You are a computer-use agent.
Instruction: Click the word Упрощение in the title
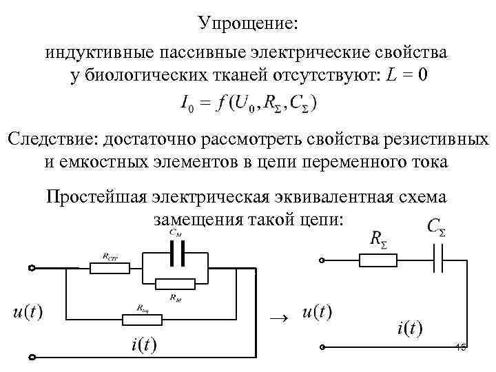pos(248,22)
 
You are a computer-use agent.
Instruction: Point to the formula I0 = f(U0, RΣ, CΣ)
pos(248,104)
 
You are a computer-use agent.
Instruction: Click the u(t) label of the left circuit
pos(28,312)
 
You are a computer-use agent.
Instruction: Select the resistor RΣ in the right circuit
pos(378,260)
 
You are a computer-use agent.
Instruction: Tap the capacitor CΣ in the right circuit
pos(437,260)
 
